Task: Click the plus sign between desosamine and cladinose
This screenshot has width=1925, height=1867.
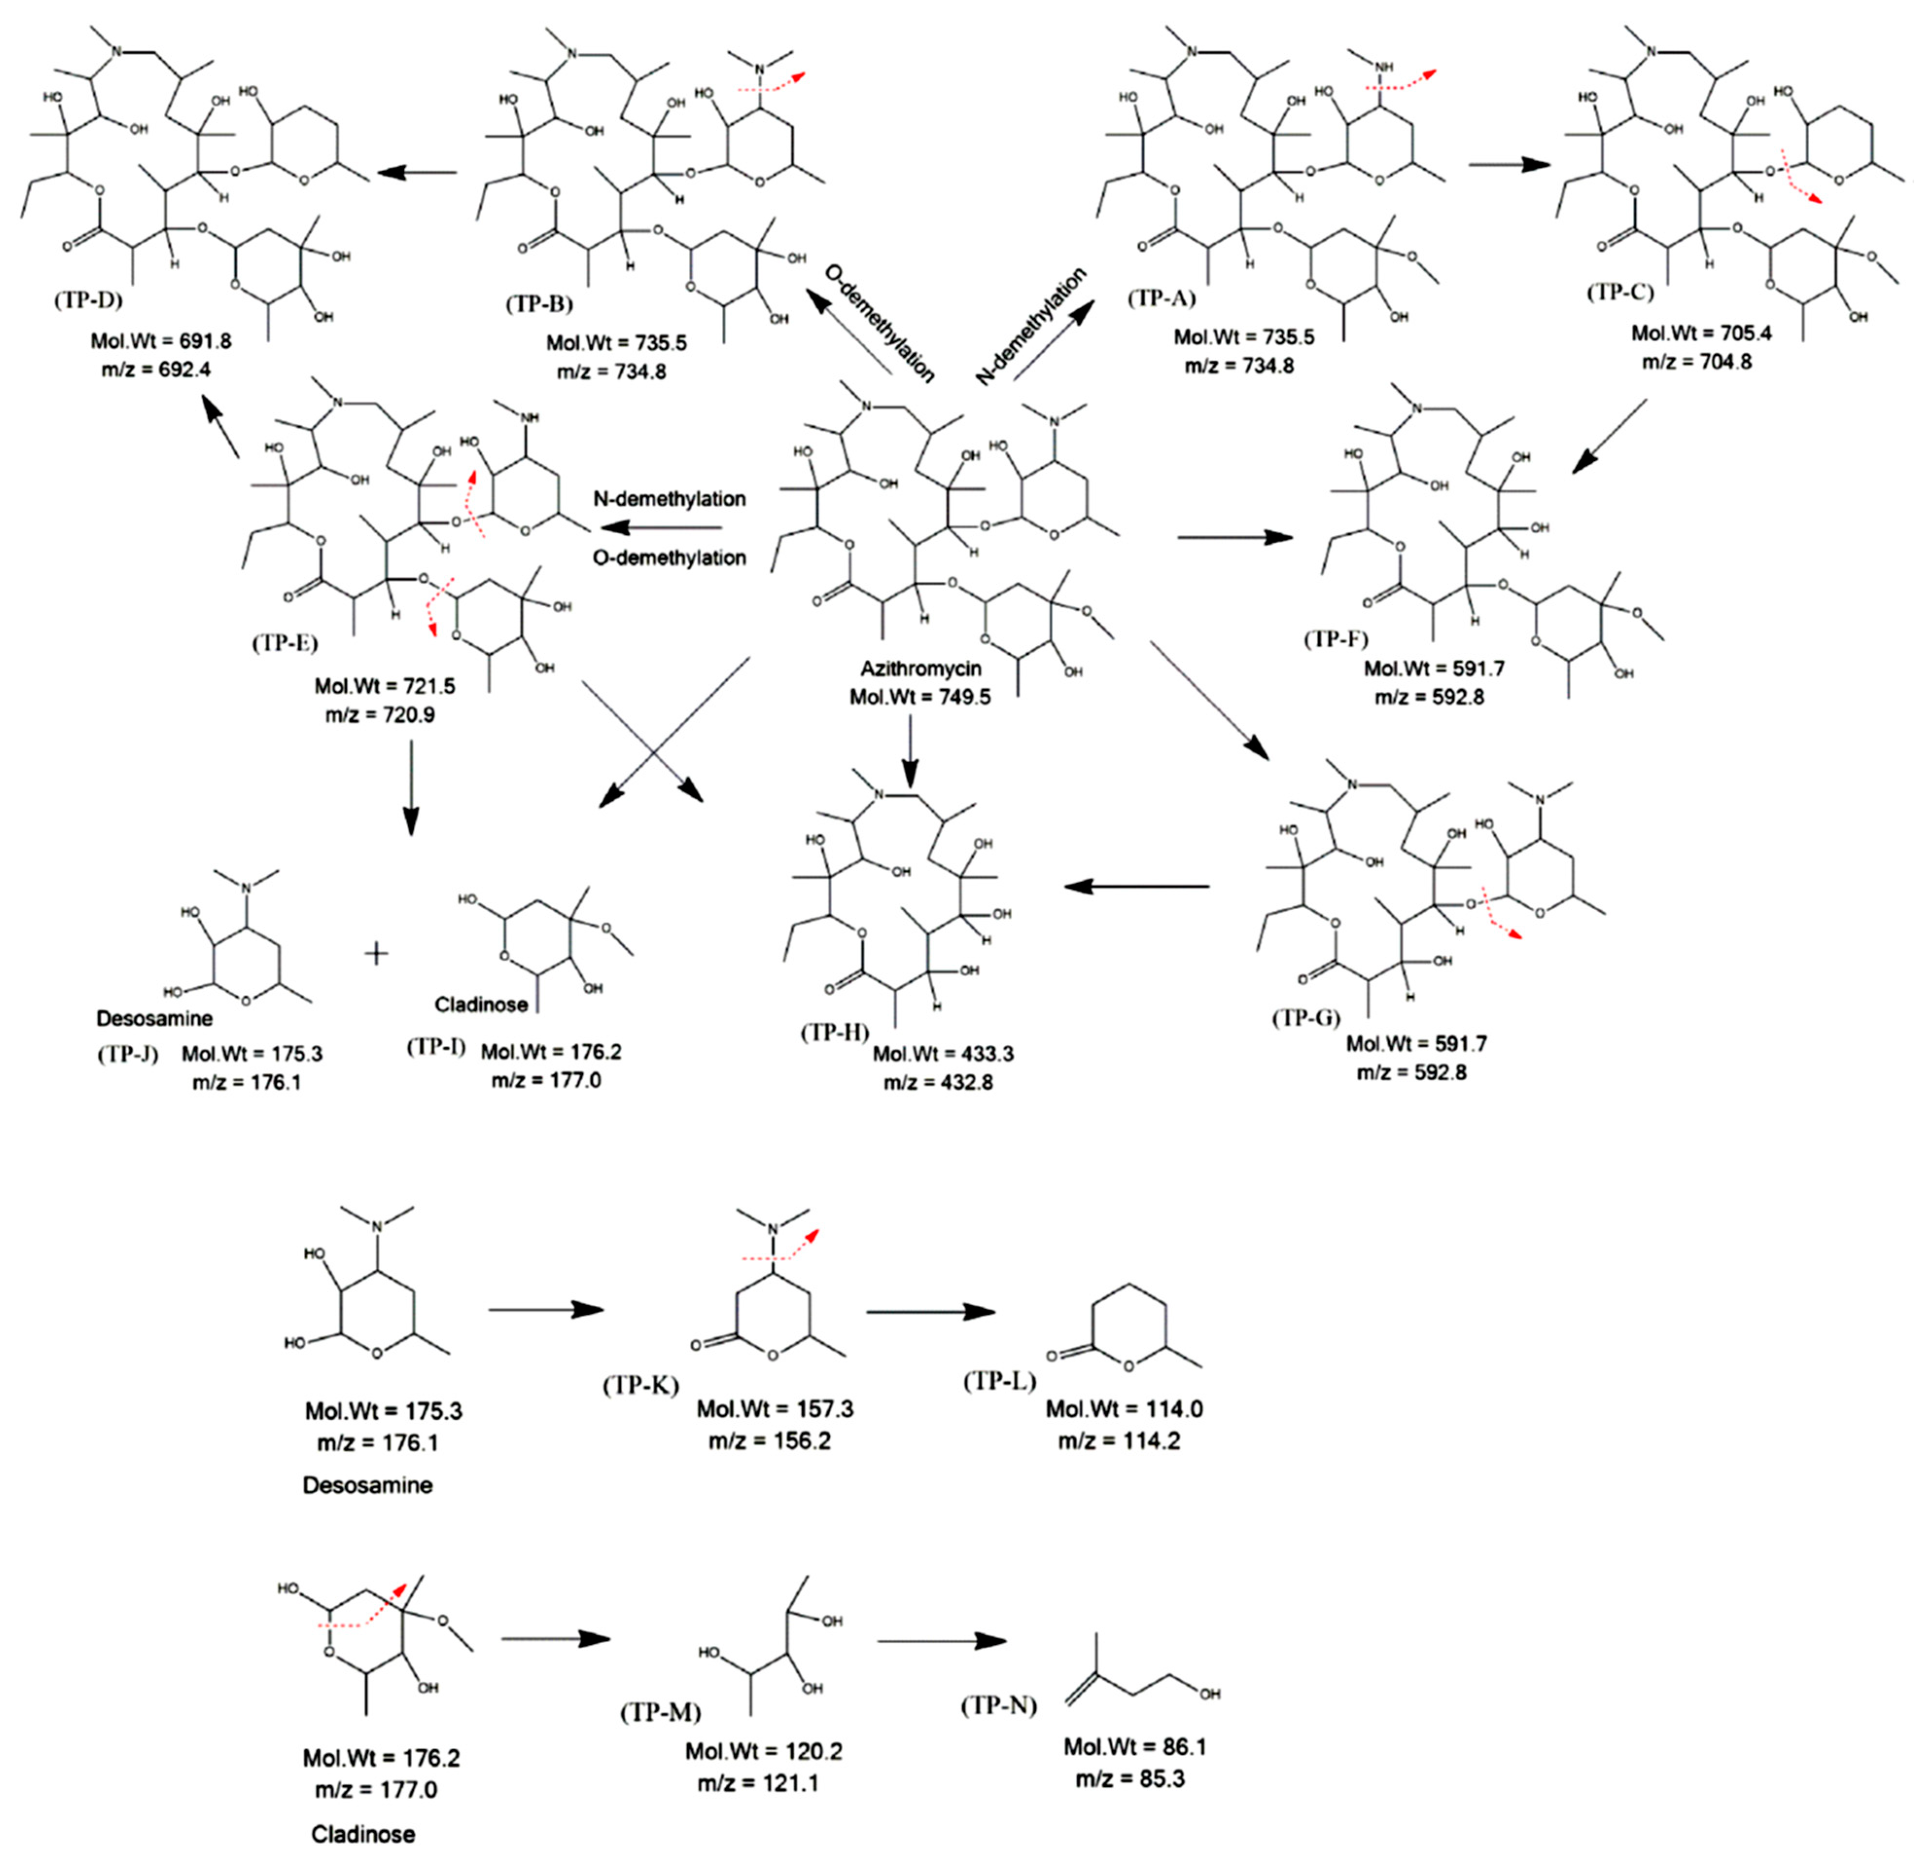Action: click(x=377, y=953)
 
